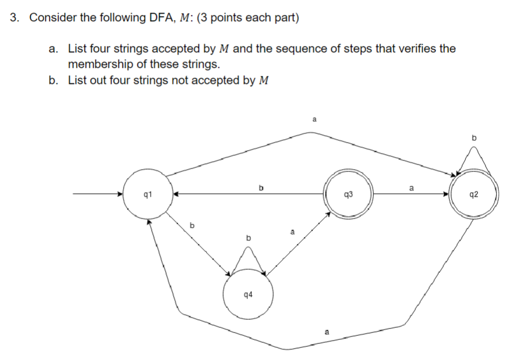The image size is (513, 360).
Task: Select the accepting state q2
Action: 474,194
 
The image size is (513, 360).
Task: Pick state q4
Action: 248,294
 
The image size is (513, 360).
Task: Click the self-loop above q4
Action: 248,259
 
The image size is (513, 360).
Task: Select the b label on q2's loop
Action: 474,137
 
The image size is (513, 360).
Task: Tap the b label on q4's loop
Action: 248,237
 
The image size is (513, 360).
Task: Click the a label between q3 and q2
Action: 411,187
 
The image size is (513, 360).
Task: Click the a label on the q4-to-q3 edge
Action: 292,232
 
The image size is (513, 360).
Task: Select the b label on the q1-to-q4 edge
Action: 193,225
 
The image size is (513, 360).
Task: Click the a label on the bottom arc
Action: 327,332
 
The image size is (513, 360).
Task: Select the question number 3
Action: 15,18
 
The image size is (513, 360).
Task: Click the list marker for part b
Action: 53,80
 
